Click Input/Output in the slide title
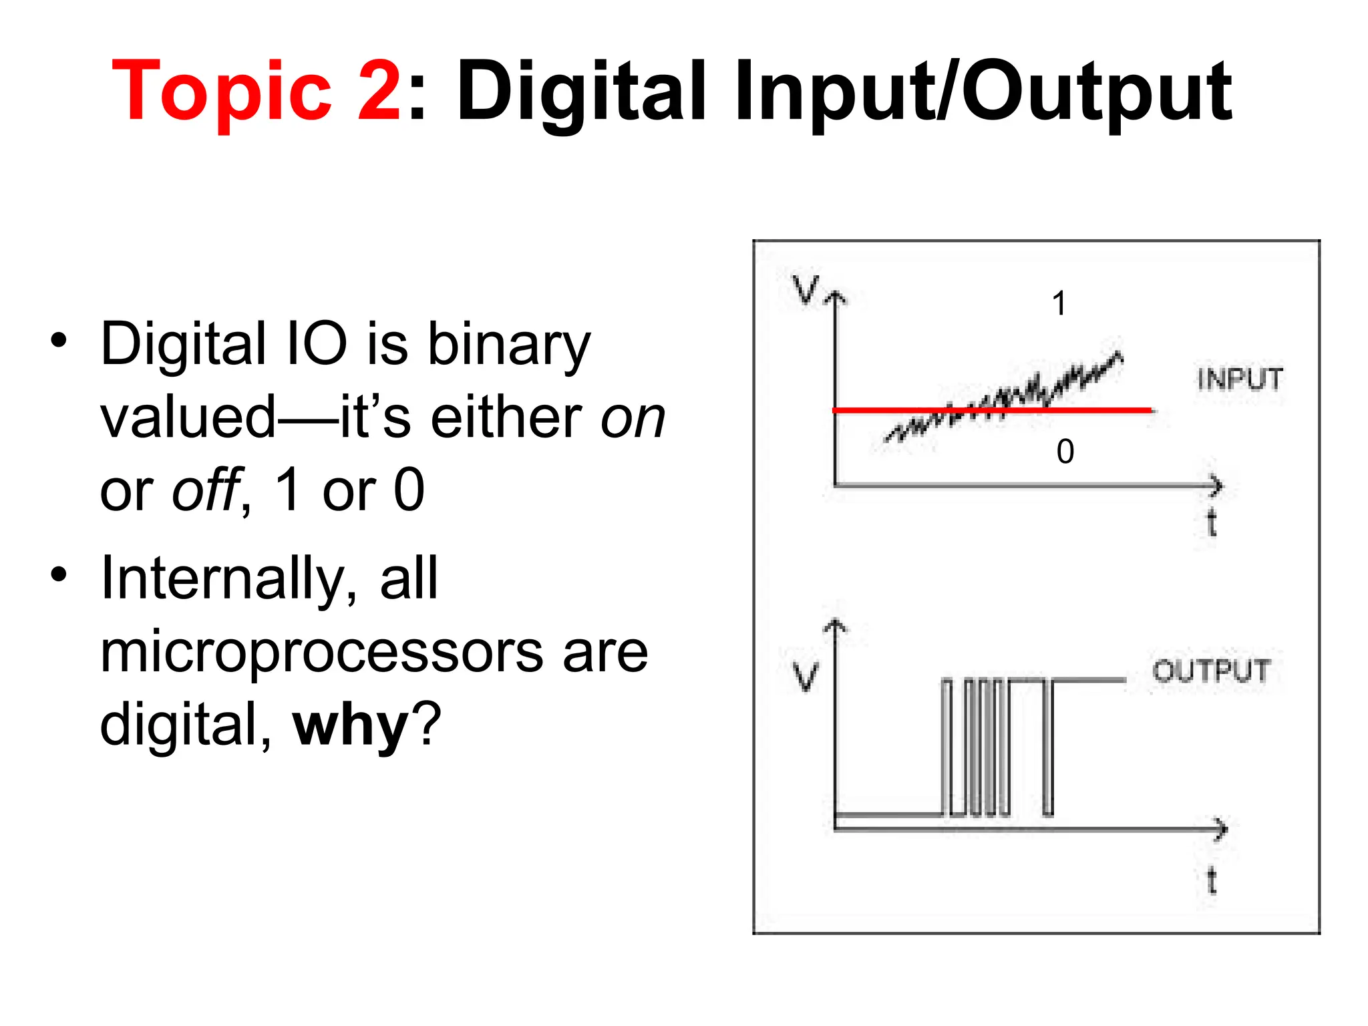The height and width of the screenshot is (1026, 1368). (x=983, y=92)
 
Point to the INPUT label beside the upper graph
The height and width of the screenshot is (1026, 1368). (x=1240, y=379)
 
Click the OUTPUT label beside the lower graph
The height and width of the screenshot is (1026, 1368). (x=1211, y=671)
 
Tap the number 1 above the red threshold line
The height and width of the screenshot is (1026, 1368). (x=1059, y=304)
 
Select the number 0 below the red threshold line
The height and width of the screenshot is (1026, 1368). (x=1065, y=452)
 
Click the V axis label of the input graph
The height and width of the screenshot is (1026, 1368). (x=806, y=290)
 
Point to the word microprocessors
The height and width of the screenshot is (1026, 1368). (x=321, y=652)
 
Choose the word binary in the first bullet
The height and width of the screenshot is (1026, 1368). (x=509, y=345)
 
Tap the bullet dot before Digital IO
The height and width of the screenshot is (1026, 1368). (x=59, y=340)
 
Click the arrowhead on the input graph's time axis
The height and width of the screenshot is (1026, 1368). (x=1216, y=486)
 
